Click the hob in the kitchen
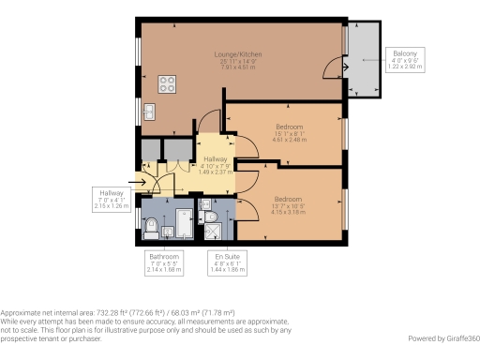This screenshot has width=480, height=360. (x=169, y=83)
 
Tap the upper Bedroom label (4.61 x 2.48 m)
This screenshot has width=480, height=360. (x=289, y=126)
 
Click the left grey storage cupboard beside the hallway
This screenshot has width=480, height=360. (x=150, y=149)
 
